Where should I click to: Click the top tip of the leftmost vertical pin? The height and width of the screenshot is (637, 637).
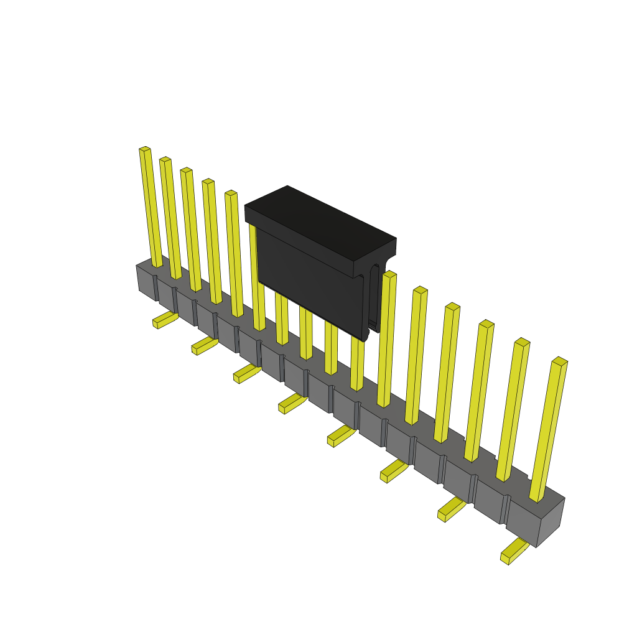(x=145, y=149)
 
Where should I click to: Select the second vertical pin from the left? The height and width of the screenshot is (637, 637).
(x=170, y=218)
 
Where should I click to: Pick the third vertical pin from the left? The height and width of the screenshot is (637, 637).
(x=191, y=230)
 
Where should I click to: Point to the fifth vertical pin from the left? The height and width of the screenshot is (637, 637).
(x=235, y=255)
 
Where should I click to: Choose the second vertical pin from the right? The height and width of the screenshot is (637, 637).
(x=513, y=411)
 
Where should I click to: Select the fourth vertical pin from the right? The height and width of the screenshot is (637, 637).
(x=447, y=373)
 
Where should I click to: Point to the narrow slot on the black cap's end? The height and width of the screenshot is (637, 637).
(x=374, y=295)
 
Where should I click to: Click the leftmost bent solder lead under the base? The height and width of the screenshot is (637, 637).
(x=164, y=320)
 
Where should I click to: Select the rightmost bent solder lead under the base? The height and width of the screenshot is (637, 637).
(x=513, y=551)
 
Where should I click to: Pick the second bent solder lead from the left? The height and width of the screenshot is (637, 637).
(x=203, y=346)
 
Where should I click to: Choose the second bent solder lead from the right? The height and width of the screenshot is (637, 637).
(x=451, y=509)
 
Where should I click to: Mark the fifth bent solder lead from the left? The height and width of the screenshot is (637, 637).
(x=340, y=435)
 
